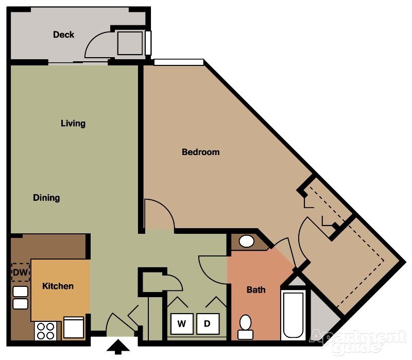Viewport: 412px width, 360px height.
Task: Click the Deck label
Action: (63, 35)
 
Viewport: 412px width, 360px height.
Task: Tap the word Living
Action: (73, 124)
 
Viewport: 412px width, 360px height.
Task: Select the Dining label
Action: (46, 198)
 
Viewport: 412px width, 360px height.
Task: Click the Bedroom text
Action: (201, 152)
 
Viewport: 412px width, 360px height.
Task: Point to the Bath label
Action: (256, 290)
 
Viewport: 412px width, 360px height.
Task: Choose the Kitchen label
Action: (58, 286)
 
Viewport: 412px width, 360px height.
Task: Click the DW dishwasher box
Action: (20, 272)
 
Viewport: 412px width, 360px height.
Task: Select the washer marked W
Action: (182, 324)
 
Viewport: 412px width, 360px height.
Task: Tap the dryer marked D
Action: (208, 324)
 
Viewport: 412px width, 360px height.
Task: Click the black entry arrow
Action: (118, 347)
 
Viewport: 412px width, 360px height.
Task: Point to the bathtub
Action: (293, 315)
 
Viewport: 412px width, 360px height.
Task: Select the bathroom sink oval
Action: (247, 241)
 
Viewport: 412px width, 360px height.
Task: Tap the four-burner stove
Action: (46, 330)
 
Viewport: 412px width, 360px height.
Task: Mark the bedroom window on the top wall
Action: (179, 62)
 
